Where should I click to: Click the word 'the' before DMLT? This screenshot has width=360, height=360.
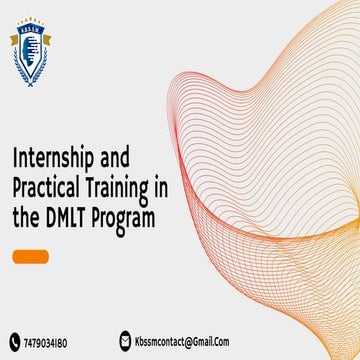[25, 213]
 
